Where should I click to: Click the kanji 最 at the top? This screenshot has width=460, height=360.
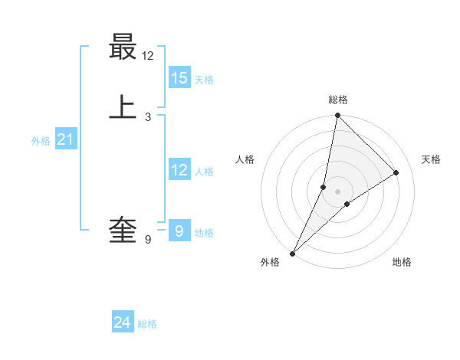point(123,47)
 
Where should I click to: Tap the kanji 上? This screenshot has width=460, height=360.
point(123,107)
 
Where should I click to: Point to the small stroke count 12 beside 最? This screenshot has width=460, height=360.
point(148,56)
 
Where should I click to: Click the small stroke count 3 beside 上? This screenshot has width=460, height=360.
point(148,116)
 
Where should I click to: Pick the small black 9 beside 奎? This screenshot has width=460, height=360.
point(148,240)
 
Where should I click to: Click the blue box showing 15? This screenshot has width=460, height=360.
point(179,77)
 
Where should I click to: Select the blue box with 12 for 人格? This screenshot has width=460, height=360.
point(179,170)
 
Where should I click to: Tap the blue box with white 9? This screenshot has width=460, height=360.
point(179,230)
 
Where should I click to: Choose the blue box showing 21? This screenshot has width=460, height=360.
point(65,139)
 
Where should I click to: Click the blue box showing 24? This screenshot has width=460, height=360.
point(122,323)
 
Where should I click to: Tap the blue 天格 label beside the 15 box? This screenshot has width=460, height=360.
point(204,79)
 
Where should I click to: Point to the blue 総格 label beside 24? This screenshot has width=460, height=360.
point(147,324)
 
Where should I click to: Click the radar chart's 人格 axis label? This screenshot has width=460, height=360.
point(245,159)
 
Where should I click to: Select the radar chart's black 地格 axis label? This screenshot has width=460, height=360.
point(402,262)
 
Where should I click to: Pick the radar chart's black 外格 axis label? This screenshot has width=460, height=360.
point(270,262)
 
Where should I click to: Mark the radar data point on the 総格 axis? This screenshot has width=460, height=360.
point(337,115)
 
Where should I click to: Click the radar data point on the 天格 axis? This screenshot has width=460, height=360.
point(396,173)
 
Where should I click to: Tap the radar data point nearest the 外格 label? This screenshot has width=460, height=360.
point(292,253)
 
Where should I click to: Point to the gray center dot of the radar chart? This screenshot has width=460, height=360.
point(337,191)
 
